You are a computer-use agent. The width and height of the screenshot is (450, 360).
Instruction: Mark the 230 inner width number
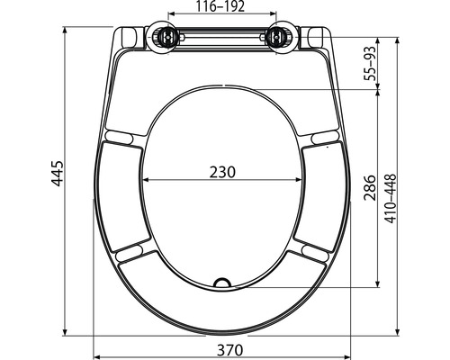point(221,172)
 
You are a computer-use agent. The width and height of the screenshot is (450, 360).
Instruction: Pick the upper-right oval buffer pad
point(324,136)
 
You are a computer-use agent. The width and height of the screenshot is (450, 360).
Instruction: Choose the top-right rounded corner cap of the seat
point(316,36)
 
